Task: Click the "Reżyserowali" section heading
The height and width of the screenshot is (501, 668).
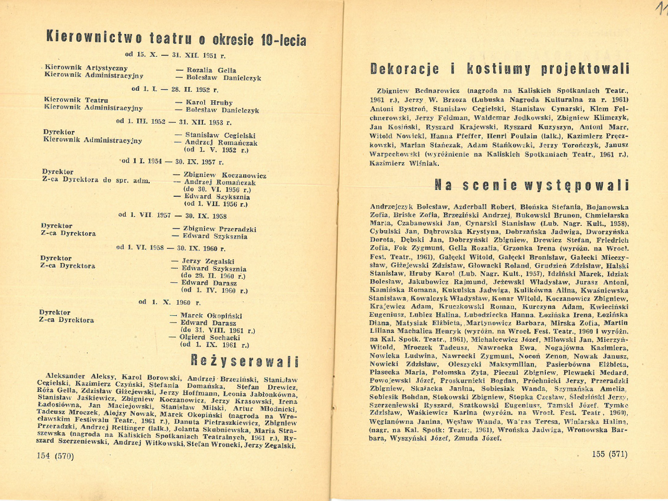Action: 245,361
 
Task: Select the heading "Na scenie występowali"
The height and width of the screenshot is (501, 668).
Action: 532,185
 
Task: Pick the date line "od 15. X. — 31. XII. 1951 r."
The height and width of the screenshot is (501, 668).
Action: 175,55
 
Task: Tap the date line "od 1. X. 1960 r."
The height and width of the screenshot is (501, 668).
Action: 170,302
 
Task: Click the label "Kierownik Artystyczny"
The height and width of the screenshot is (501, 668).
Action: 86,68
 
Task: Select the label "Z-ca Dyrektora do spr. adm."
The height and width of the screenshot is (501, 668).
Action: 96,180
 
